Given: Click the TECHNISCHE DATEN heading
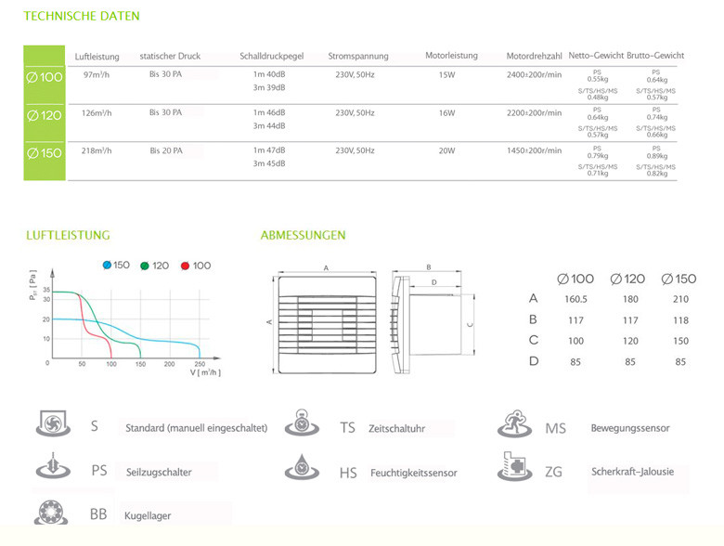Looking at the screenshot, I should point(82,17).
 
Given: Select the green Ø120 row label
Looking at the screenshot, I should point(45,115).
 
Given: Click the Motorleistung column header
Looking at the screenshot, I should point(451,56).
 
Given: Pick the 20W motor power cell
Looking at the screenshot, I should point(446,150).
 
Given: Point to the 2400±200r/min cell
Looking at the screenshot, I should point(534,74).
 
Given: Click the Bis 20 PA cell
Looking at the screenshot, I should point(165,150).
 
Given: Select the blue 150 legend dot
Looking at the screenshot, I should point(107,266).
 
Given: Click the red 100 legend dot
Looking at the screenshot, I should point(186,266).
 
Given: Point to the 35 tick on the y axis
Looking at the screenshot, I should point(45,292).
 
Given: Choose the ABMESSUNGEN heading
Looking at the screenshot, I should point(303,236).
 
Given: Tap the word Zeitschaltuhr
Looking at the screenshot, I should point(396,429).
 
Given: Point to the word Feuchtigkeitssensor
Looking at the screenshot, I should point(413,473).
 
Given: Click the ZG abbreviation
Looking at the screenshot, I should point(554,472).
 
